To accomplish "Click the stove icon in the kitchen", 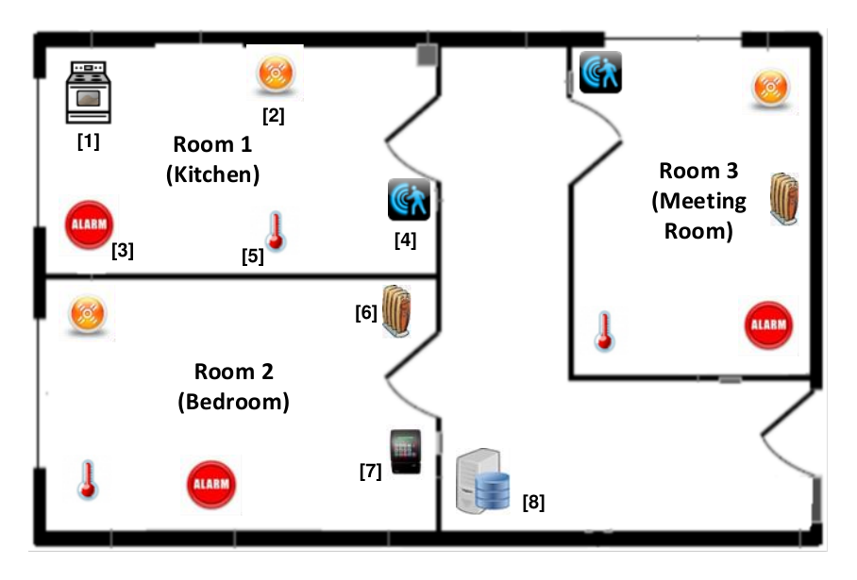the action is click(89, 92).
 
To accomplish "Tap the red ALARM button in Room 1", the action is click(89, 224).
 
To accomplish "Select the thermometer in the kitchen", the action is click(276, 232).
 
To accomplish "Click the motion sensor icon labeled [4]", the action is click(409, 199).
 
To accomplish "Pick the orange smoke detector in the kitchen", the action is click(276, 73).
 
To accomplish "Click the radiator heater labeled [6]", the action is click(396, 311).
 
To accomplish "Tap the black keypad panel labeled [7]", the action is click(406, 451).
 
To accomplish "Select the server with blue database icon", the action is click(482, 481).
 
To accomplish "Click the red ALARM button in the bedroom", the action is click(211, 485).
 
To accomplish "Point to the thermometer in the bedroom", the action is click(88, 480).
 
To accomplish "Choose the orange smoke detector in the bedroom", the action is click(88, 314).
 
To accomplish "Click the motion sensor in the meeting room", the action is click(600, 72).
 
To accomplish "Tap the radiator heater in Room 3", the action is click(784, 199).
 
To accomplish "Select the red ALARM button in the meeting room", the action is click(768, 325).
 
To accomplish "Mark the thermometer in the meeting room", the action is click(604, 331).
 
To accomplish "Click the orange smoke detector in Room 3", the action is click(771, 88).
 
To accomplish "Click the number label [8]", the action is click(533, 502).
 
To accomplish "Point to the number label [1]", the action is click(89, 141).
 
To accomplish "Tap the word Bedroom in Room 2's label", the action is click(234, 402).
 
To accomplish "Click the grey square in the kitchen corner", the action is click(428, 55).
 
